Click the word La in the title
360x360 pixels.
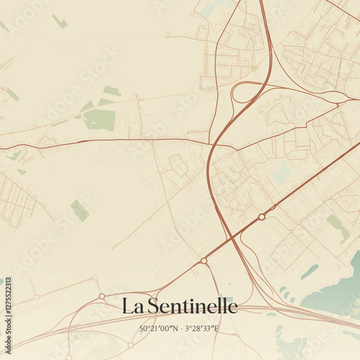tap(130, 306)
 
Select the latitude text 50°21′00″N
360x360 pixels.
tap(158, 329)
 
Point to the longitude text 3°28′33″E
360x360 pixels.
tap(202, 329)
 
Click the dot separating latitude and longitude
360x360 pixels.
tap(180, 329)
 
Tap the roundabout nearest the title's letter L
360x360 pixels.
tap(102, 296)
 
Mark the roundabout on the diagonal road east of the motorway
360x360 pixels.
tap(262, 216)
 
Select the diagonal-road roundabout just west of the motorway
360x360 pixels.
tap(204, 260)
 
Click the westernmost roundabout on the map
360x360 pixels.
tap(36, 297)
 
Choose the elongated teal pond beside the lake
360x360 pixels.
tap(310, 271)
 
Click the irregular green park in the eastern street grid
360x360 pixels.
tap(338, 227)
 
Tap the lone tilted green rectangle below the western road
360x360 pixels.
tap(80, 210)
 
